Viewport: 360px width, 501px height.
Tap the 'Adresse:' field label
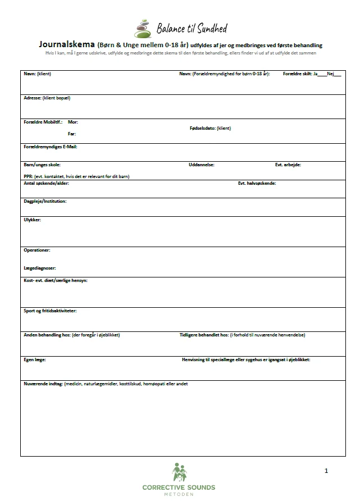(x=31, y=98)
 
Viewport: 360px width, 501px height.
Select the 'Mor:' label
(x=72, y=122)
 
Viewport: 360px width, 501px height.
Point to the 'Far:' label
(x=71, y=134)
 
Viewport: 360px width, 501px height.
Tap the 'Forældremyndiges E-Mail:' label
(x=50, y=147)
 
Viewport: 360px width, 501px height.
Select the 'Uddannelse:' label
(x=201, y=165)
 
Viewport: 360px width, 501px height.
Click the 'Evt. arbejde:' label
(x=288, y=165)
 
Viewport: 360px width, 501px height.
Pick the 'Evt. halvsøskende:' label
(x=257, y=183)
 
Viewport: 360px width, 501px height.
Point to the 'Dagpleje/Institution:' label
(x=45, y=201)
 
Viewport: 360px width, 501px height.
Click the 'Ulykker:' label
(x=32, y=220)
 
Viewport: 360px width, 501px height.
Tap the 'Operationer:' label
(x=37, y=250)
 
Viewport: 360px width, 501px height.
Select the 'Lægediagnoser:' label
(x=39, y=268)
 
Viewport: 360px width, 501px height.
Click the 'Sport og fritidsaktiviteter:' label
(x=50, y=311)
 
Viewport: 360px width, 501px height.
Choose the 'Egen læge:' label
(x=34, y=359)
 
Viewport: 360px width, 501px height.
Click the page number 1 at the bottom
(x=326, y=471)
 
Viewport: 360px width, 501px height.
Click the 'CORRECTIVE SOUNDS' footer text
(x=179, y=488)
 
